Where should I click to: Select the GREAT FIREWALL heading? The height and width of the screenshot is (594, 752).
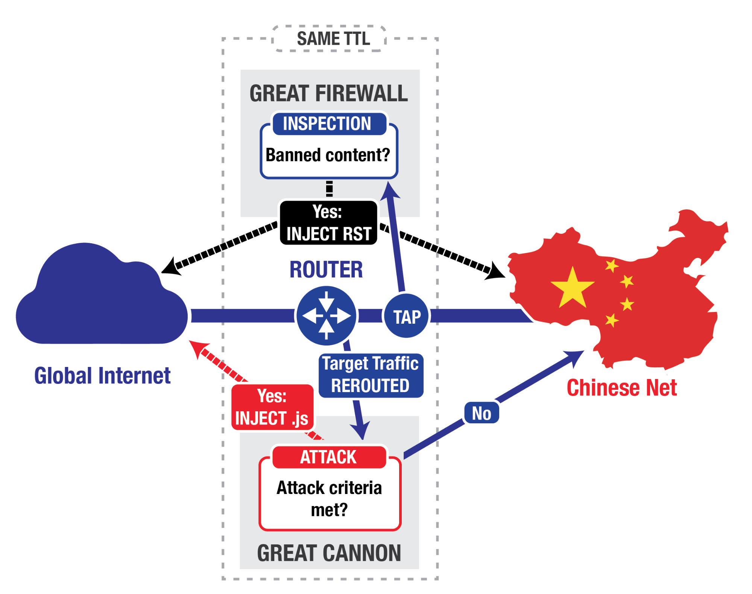(328, 93)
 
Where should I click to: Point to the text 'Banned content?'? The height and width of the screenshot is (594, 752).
(328, 155)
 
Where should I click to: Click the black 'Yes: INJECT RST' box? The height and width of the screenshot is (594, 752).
(328, 223)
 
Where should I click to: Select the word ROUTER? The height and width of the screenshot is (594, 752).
(326, 270)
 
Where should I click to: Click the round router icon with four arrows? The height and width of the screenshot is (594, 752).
(326, 316)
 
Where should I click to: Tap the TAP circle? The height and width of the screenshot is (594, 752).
(407, 317)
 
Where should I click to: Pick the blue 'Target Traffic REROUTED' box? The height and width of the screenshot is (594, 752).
(371, 375)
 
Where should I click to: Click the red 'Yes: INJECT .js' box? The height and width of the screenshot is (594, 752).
(272, 407)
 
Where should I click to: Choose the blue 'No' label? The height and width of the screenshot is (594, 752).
(482, 413)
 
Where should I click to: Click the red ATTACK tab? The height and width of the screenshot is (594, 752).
(328, 457)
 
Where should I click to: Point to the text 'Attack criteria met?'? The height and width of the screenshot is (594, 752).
(329, 499)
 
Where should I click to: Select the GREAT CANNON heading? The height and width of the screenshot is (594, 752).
(329, 553)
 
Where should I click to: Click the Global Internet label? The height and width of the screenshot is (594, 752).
(102, 376)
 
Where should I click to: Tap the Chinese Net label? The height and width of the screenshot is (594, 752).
(621, 388)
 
